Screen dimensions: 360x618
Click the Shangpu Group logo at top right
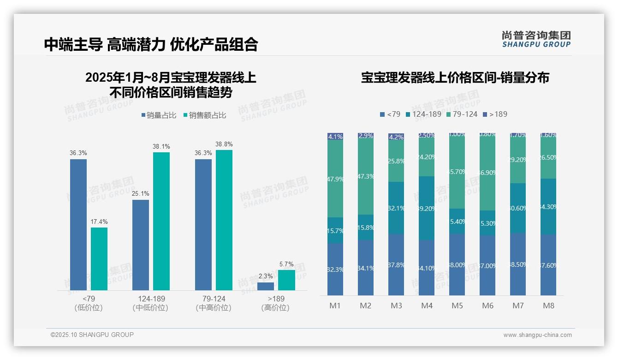pos(536,39)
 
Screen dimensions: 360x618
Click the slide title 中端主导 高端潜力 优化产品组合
pos(151,44)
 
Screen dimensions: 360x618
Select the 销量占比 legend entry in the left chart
pos(159,115)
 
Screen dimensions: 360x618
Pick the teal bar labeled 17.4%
pos(99,258)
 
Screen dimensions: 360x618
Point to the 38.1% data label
pos(161,146)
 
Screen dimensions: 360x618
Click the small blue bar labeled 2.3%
pos(266,286)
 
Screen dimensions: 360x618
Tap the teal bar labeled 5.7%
pos(286,280)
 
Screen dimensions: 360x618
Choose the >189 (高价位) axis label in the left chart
pos(276,303)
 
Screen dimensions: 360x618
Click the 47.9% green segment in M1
pos(335,179)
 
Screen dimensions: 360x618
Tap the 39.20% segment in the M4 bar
pos(427,208)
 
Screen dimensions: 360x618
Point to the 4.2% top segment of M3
pos(396,137)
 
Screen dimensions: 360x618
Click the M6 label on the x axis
pos(487,306)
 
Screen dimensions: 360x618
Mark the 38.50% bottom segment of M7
pos(518,264)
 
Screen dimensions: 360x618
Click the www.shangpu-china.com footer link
pos(537,335)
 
